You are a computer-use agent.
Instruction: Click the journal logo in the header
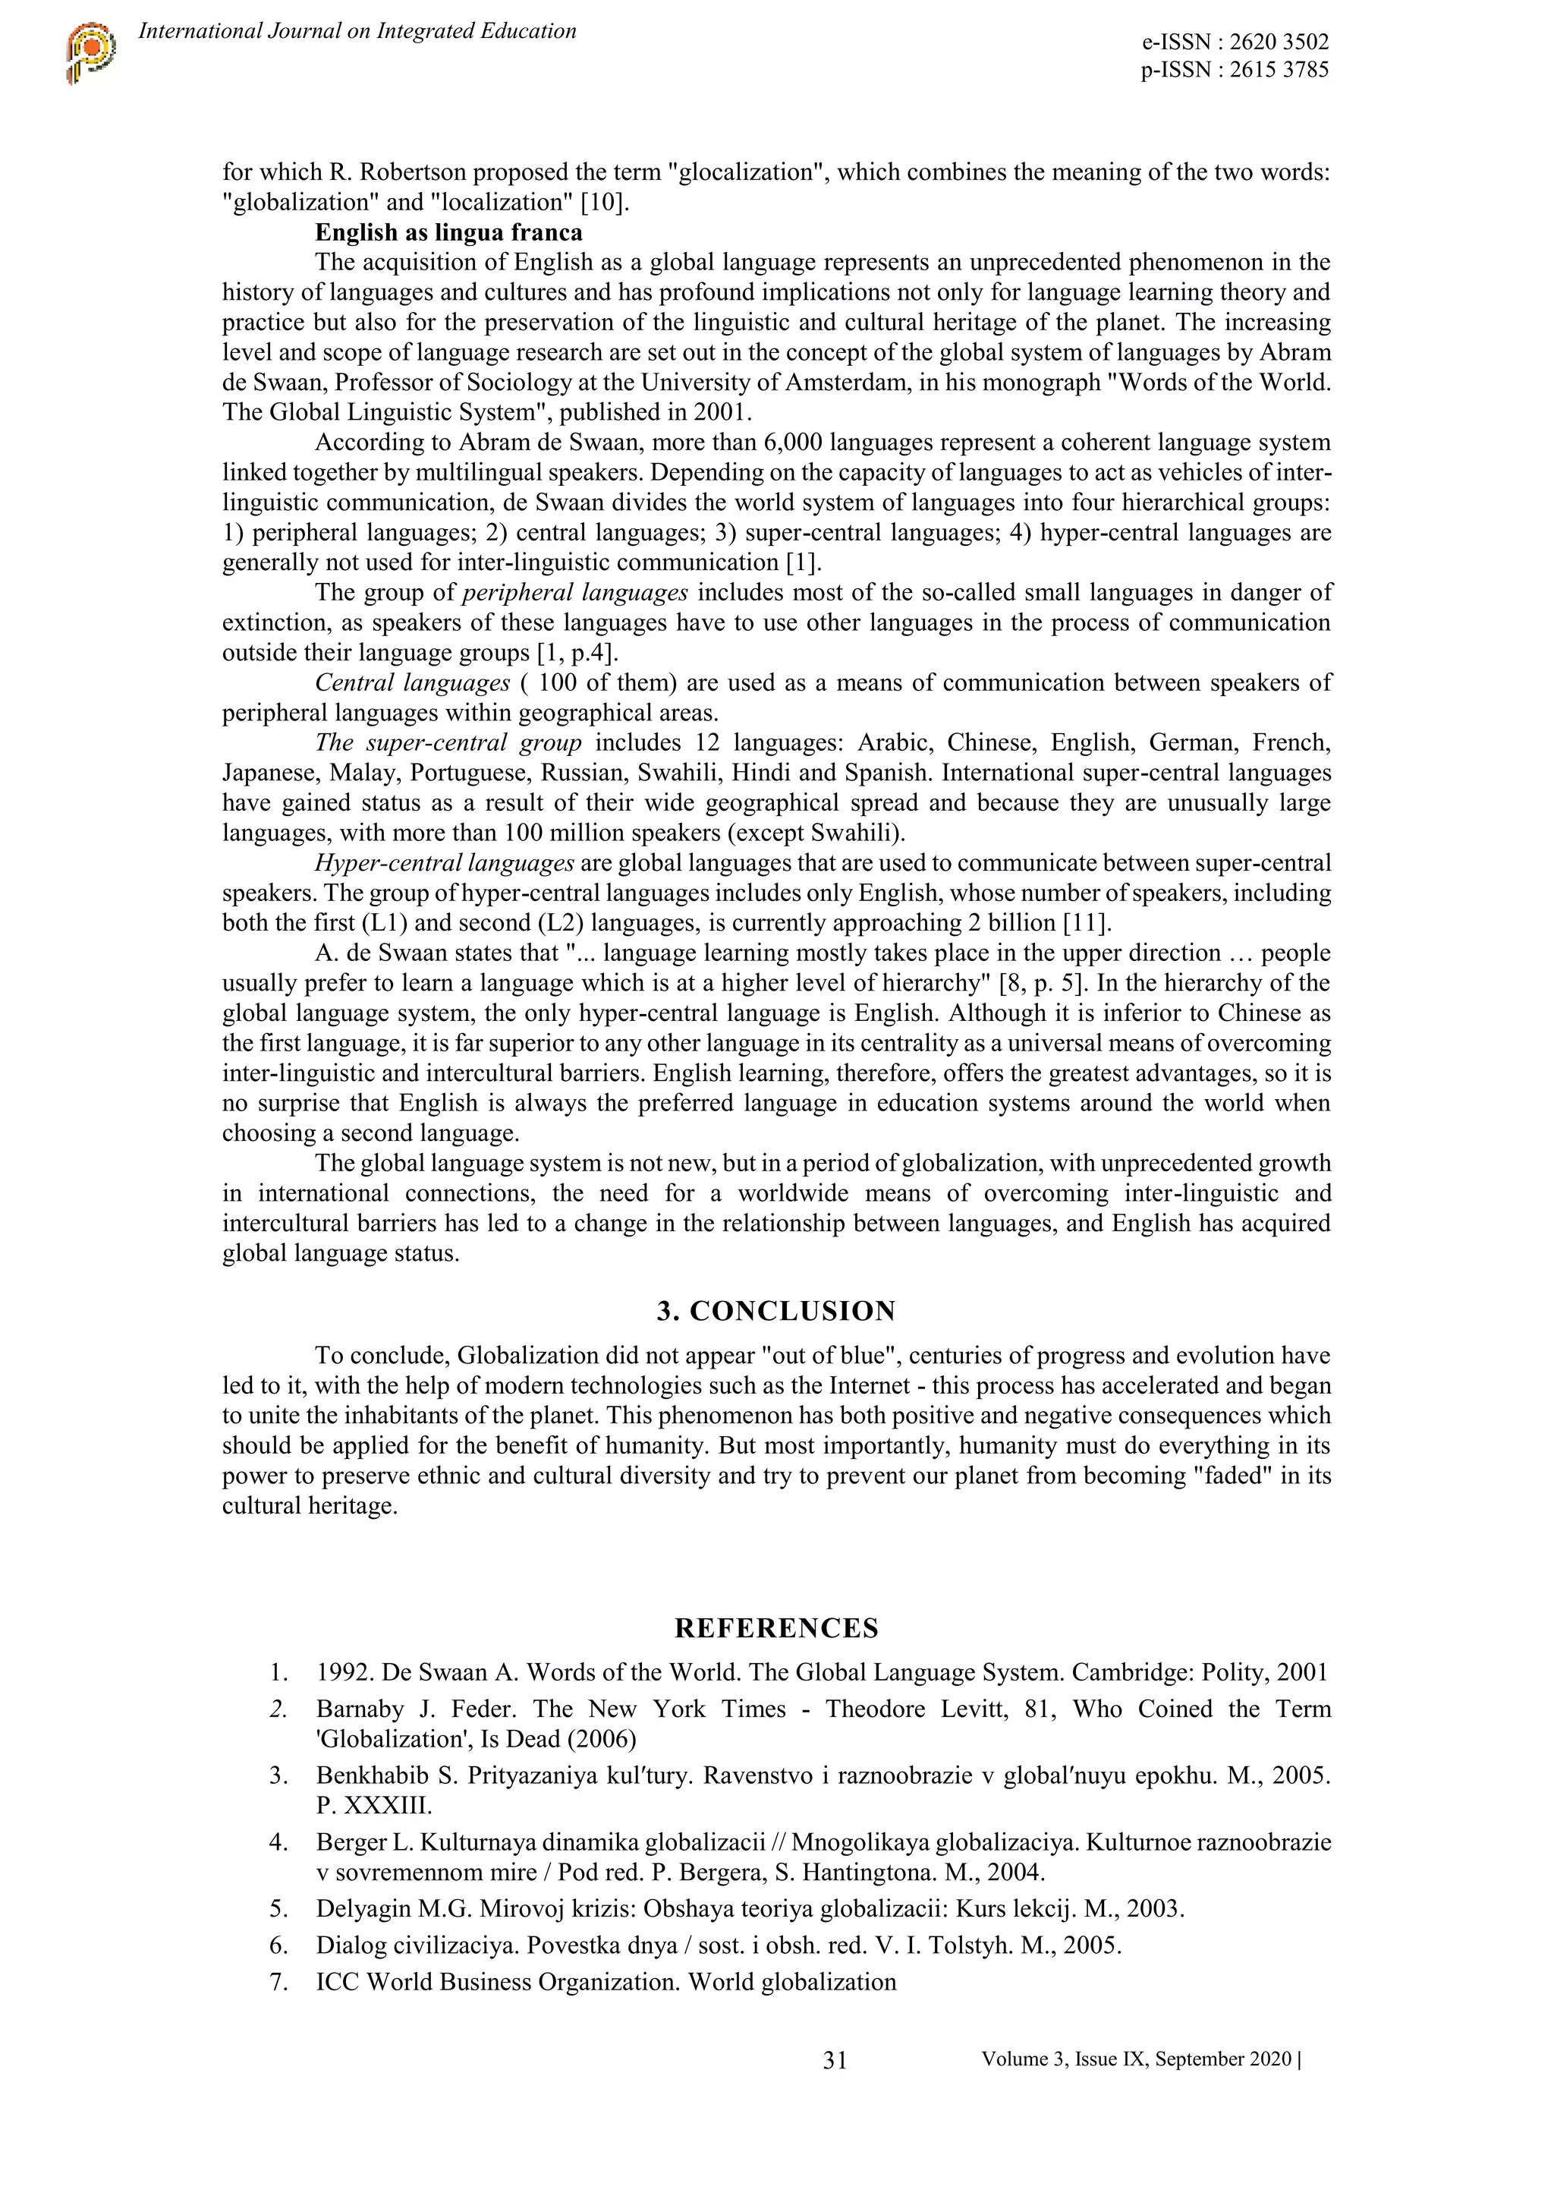[91, 55]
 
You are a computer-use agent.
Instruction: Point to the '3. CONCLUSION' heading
[775, 1311]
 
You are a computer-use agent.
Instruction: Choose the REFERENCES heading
[775, 1628]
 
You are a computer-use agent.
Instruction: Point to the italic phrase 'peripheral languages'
[574, 593]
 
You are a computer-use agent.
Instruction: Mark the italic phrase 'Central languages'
[413, 683]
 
